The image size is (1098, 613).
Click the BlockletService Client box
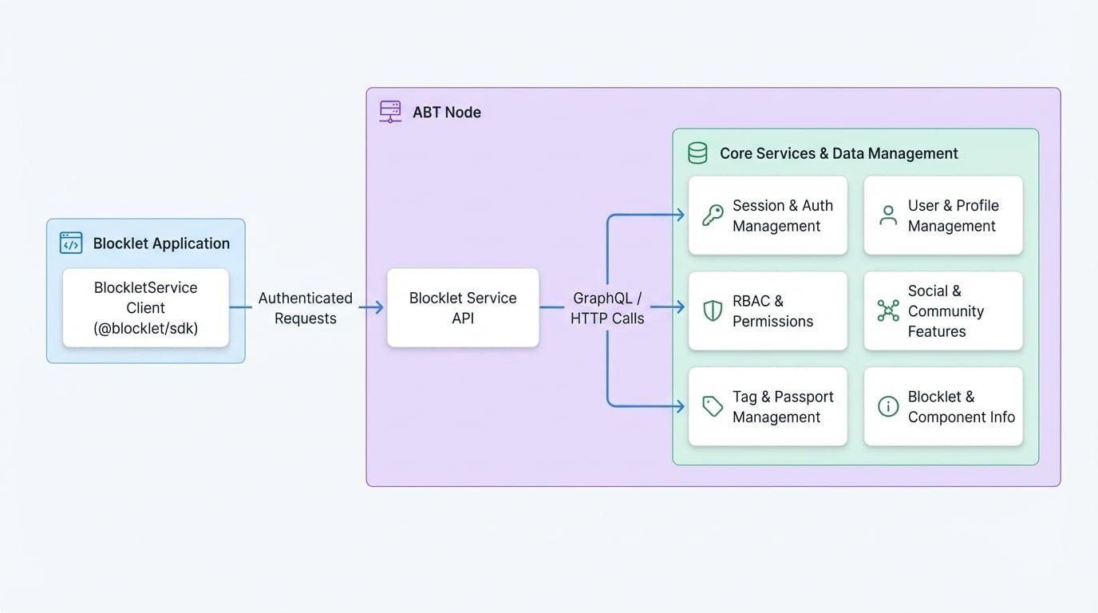coord(145,307)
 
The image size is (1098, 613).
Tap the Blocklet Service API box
coord(463,307)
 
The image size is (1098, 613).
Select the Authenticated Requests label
coord(305,307)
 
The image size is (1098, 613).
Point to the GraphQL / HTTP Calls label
coord(606,307)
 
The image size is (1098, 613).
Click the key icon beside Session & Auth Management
coord(713,216)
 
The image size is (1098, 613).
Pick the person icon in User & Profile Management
coord(887,216)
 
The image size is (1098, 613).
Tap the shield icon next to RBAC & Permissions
coord(713,310)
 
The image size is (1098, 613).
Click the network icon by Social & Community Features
coord(887,310)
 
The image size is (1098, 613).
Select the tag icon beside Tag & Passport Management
coord(713,406)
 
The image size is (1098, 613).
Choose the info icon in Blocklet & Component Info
coord(887,406)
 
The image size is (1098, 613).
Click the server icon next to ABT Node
coord(390,112)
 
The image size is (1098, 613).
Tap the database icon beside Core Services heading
coord(697,153)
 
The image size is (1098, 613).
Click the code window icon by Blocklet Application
coord(71,243)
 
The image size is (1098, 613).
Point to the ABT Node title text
coord(447,113)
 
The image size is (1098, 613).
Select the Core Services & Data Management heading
coord(839,153)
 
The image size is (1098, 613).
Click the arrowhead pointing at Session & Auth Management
coord(680,214)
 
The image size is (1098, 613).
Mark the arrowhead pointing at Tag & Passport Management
coord(680,406)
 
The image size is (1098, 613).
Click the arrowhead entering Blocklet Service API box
coord(378,307)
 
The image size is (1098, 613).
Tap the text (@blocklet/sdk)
coord(145,328)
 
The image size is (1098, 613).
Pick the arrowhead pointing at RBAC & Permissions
coord(680,307)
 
